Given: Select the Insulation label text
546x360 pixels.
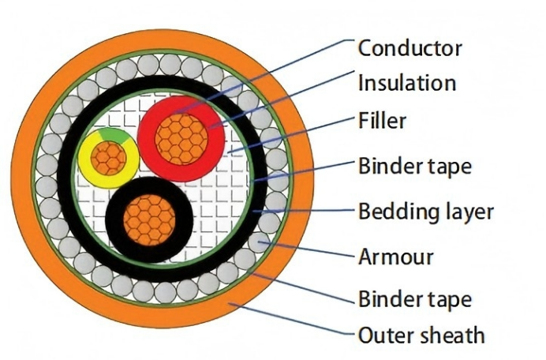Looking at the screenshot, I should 407,82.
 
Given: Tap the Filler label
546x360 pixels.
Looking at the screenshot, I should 382,121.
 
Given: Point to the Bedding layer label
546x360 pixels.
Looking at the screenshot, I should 425,212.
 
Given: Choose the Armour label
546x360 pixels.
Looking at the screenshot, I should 396,257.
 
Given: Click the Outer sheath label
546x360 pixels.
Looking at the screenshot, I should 421,335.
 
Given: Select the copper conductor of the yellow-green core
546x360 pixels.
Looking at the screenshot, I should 110,159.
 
